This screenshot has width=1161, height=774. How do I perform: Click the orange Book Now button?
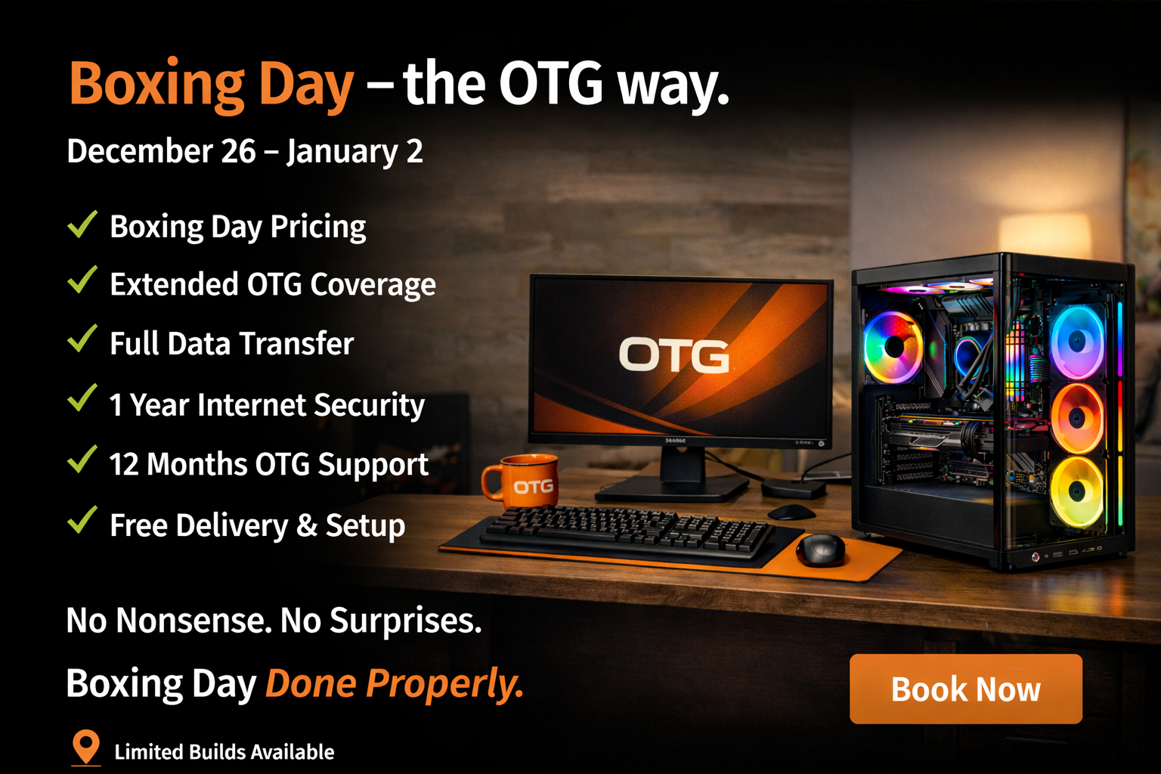pos(965,689)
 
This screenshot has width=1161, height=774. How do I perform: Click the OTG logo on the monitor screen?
pos(674,355)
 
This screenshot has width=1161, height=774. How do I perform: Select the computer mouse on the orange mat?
pos(820,549)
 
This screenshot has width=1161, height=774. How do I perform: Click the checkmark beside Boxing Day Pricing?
pos(82,224)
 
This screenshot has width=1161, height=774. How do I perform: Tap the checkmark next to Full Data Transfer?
pos(82,339)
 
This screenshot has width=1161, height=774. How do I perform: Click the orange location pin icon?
pos(86,747)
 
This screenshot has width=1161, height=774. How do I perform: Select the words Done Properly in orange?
pos(394,683)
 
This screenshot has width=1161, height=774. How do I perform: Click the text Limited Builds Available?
pos(224,752)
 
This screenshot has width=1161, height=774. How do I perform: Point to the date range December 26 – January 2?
pos(244,151)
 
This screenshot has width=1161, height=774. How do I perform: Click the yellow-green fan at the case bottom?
pos(1077,491)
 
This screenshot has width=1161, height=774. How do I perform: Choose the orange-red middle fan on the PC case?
pos(1077,418)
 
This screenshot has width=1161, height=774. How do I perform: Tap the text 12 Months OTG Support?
pos(268,464)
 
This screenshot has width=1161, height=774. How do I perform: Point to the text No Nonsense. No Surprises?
pos(274,621)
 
